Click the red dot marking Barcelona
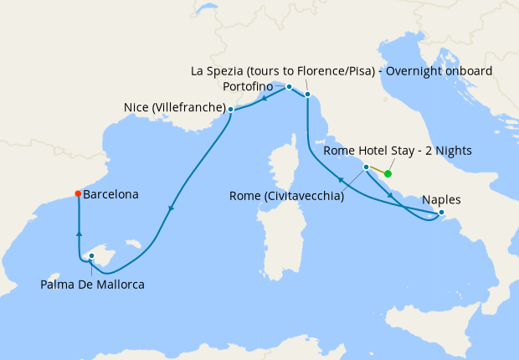tap(77, 193)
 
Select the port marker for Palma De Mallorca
tap(91, 257)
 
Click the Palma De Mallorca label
tap(92, 285)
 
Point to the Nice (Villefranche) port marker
tap(230, 109)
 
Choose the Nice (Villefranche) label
tap(174, 108)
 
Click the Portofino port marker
tap(289, 86)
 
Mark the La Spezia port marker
tap(307, 95)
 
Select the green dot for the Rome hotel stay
tap(388, 174)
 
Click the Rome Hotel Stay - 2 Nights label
tap(398, 152)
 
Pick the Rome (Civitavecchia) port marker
tap(366, 167)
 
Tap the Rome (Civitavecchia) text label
tap(286, 197)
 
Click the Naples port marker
tap(442, 213)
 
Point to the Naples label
tap(442, 200)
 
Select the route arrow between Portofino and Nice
tap(264, 97)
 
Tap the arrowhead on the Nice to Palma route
tap(172, 209)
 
